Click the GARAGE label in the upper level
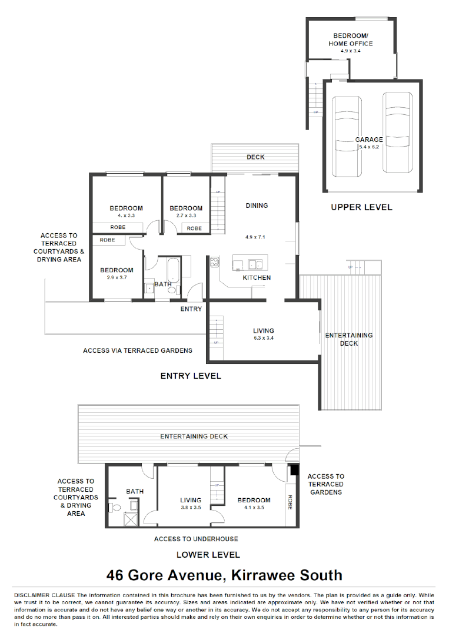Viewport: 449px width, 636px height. [x=369, y=140]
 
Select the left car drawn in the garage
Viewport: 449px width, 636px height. [x=345, y=135]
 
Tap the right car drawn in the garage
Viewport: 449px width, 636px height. [x=397, y=132]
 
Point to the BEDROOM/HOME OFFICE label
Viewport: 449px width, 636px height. [x=351, y=39]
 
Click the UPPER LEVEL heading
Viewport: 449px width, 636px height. [x=361, y=207]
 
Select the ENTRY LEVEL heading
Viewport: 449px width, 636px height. [x=191, y=376]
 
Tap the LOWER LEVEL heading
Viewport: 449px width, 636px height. [x=208, y=555]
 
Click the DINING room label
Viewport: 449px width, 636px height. [x=257, y=206]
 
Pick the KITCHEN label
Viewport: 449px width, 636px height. [x=257, y=277]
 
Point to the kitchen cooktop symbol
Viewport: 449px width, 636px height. [x=214, y=262]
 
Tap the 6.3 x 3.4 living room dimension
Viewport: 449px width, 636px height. [x=263, y=338]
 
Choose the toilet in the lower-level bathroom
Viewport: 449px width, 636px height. [x=117, y=506]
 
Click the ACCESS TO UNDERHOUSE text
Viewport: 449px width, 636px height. [x=196, y=539]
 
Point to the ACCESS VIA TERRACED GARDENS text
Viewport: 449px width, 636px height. [x=138, y=350]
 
